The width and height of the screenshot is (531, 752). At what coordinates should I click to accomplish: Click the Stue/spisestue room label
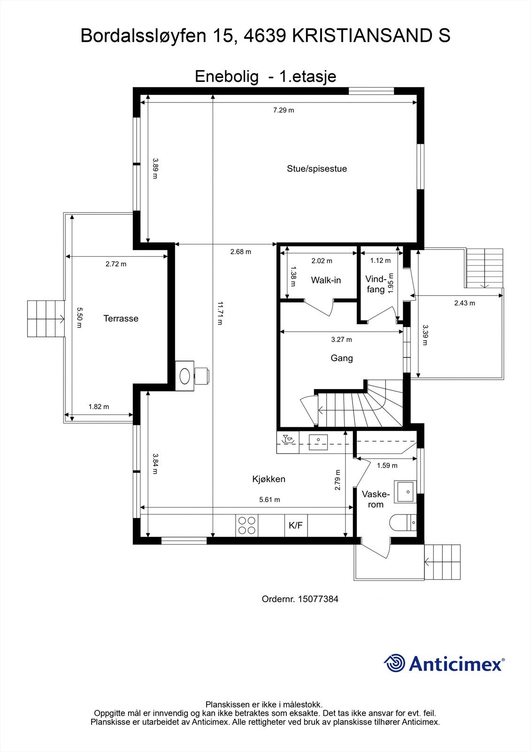click(317, 169)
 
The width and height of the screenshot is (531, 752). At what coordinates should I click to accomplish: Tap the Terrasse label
click(121, 319)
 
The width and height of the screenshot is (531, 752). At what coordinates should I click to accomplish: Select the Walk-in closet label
click(326, 280)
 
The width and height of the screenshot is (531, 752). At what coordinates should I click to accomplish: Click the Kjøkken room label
click(269, 479)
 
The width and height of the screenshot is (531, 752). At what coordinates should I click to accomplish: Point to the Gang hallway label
click(342, 358)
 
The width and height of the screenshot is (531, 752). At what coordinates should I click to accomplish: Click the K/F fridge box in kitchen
click(296, 525)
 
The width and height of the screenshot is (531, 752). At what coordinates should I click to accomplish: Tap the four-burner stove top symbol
click(247, 525)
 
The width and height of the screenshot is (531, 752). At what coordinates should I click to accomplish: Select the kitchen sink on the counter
click(318, 442)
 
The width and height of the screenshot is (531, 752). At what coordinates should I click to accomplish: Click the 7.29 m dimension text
click(284, 110)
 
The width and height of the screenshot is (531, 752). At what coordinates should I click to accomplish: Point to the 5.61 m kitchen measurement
click(269, 500)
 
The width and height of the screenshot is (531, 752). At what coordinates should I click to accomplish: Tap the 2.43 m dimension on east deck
click(464, 303)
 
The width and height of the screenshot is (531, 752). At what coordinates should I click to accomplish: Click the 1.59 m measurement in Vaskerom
click(387, 465)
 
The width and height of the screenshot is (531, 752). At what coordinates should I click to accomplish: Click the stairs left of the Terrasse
click(46, 319)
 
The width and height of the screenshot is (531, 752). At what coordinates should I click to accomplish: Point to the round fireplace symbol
click(185, 376)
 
